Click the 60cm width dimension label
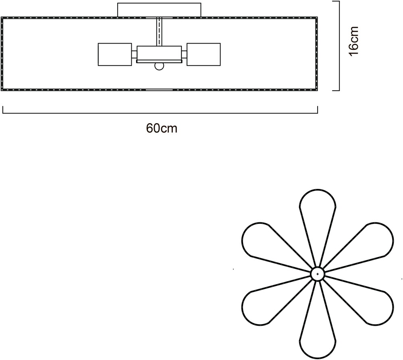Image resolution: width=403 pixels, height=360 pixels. coord(162,128)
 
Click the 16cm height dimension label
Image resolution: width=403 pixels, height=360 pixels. coord(354,41)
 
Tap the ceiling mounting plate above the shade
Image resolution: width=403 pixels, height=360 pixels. coord(159,10)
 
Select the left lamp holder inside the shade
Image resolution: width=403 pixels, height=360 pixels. coord(115,54)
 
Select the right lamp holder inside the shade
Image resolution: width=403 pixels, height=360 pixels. coord(204,54)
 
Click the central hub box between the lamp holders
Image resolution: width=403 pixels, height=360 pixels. coord(159,54)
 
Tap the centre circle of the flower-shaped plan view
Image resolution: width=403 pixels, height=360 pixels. coord(318,274)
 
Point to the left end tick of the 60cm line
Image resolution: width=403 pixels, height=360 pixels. coord(3,110)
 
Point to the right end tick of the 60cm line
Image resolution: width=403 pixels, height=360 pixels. coord(318,110)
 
